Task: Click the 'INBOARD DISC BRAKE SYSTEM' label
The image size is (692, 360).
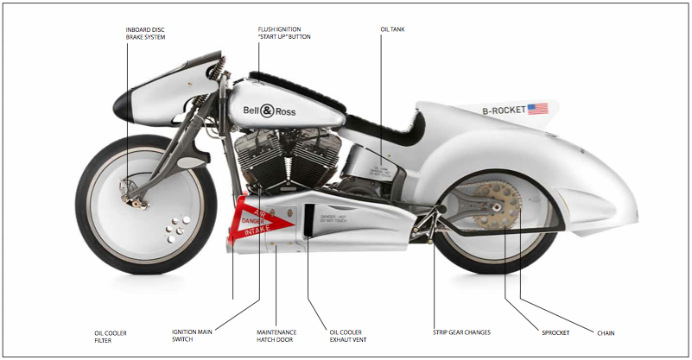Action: point(145,33)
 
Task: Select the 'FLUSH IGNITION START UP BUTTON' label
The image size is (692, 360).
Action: point(284,33)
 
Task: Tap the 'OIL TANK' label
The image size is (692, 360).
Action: point(392,29)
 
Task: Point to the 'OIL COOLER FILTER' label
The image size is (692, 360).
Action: point(110,336)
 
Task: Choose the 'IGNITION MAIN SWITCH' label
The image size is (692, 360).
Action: point(193,336)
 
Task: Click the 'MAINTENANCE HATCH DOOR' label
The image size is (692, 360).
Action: point(276,336)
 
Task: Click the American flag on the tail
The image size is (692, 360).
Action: point(537,109)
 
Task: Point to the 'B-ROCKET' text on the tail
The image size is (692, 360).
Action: point(503,111)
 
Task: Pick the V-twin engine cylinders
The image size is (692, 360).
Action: point(276,155)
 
